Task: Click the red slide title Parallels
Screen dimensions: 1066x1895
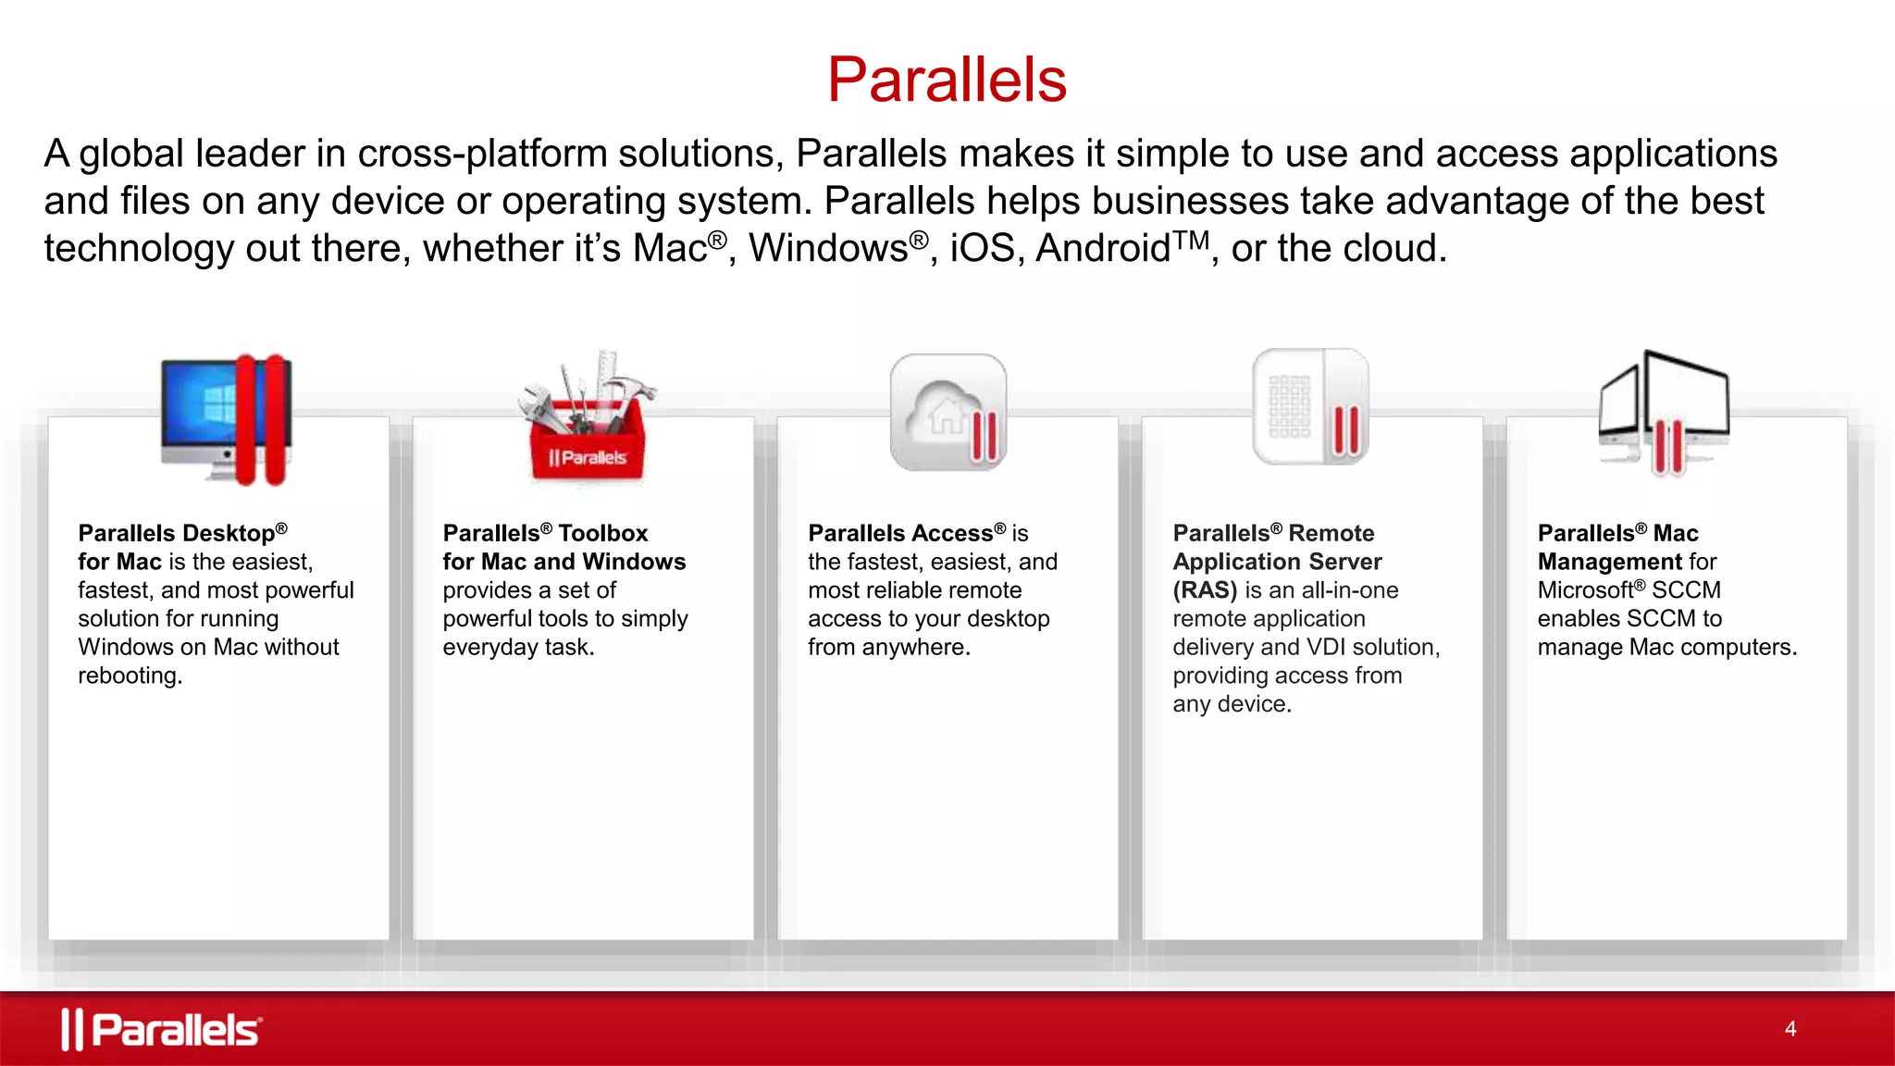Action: tap(947, 80)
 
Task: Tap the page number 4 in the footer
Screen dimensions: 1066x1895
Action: tap(1790, 1029)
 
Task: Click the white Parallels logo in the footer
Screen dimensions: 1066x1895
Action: tap(162, 1029)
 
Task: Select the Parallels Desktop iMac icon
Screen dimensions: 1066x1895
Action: tap(226, 418)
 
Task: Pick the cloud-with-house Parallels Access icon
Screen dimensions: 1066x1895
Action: tap(947, 413)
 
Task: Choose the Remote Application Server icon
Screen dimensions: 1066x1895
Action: tap(1310, 407)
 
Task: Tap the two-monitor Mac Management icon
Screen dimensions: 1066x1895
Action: tap(1664, 413)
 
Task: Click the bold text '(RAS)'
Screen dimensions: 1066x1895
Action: tap(1205, 590)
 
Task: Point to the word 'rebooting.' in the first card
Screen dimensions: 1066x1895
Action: tap(130, 676)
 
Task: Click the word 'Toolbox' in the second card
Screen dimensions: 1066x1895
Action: tap(603, 534)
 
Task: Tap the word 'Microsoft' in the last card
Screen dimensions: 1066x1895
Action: tap(1586, 590)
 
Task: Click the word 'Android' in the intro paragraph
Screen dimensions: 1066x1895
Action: tap(1103, 249)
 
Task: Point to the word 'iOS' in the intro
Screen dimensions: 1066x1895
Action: tap(982, 249)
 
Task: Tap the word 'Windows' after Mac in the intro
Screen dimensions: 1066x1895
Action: tap(828, 249)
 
